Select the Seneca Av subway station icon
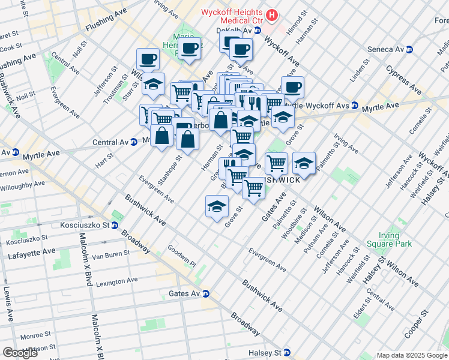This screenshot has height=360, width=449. click(410, 49)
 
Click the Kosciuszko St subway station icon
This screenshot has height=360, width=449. click(113, 225)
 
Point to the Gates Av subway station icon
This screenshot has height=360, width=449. click(205, 293)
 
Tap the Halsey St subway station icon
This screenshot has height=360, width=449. click(287, 353)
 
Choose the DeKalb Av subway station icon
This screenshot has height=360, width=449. click(257, 30)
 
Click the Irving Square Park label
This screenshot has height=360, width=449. click(395, 240)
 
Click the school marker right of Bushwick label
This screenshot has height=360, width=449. click(304, 164)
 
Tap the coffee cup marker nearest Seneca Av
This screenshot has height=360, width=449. click(292, 87)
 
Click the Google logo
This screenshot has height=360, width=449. click(20, 353)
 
